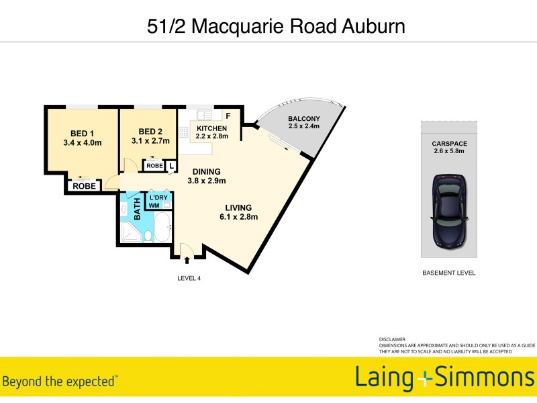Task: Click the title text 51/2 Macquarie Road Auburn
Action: coord(276,26)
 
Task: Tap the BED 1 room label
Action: coord(82,132)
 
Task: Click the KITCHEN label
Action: coord(211,128)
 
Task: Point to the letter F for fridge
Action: coord(228,116)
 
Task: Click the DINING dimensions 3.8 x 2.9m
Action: coord(206,181)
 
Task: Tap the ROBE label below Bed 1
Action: coord(84,186)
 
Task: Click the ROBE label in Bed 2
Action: coord(154,165)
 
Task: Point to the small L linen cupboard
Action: coord(172,165)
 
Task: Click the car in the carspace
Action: coord(448,210)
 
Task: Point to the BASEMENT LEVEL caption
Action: coord(448,273)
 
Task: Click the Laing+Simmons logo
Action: coord(444,378)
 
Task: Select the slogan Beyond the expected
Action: coord(60,382)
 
